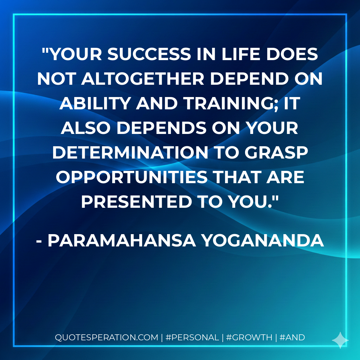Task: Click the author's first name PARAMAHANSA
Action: point(119,240)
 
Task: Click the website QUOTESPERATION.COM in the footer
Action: point(107,337)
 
